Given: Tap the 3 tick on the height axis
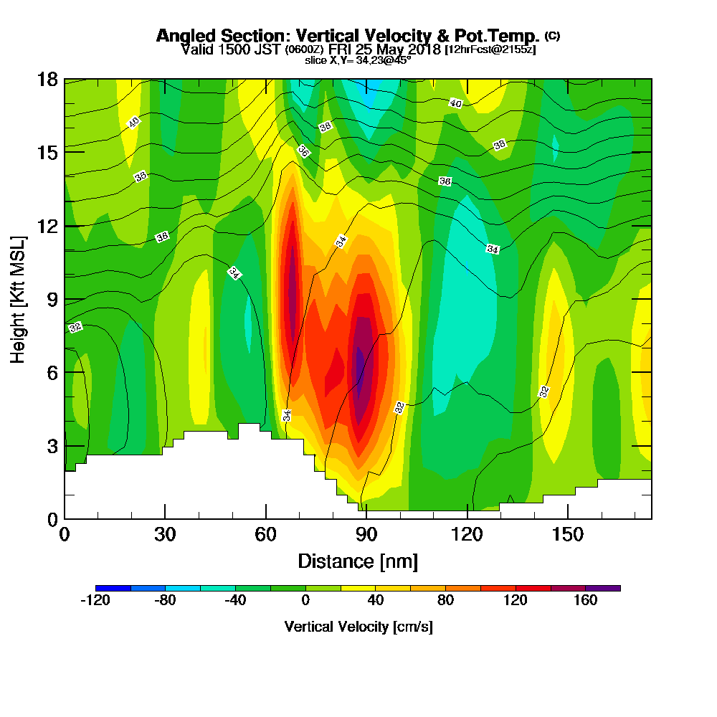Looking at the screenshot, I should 52,446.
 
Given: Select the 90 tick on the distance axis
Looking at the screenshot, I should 366,534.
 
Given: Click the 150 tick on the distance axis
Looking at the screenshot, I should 568,534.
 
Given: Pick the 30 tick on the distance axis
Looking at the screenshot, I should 165,534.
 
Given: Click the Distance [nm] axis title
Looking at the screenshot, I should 358,561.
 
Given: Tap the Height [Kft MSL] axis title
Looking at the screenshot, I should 18,298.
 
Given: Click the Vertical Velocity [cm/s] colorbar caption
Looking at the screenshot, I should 358,627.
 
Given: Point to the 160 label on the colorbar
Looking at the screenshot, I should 586,601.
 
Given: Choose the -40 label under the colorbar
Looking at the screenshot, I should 236,601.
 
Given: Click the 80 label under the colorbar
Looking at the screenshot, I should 446,601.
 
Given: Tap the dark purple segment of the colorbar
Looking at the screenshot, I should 603,588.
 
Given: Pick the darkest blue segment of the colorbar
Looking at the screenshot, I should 113,588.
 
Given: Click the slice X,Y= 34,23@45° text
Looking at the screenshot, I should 358,60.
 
